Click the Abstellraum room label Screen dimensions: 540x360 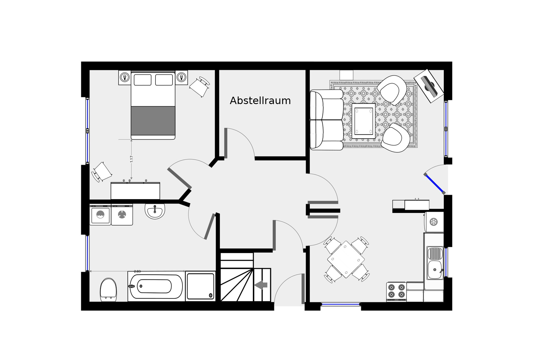click(x=260, y=101)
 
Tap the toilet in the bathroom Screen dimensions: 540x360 click(x=108, y=290)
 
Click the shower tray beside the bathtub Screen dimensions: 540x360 click(x=201, y=286)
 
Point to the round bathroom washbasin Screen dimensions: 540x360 click(x=155, y=211)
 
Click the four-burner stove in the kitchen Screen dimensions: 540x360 click(x=396, y=292)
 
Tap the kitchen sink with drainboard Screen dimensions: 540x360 click(x=435, y=263)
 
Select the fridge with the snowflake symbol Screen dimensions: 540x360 click(x=434, y=222)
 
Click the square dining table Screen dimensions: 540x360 click(x=346, y=259)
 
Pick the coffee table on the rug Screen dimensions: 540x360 click(x=364, y=121)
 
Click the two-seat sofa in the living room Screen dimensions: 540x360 click(x=327, y=120)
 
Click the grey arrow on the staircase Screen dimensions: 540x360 click(x=261, y=285)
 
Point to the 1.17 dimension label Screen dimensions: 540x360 click(x=131, y=159)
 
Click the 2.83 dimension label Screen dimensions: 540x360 click(x=137, y=271)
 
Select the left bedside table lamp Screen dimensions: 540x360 click(x=125, y=77)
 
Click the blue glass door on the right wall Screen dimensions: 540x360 click(x=435, y=184)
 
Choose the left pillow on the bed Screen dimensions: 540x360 click(x=143, y=80)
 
